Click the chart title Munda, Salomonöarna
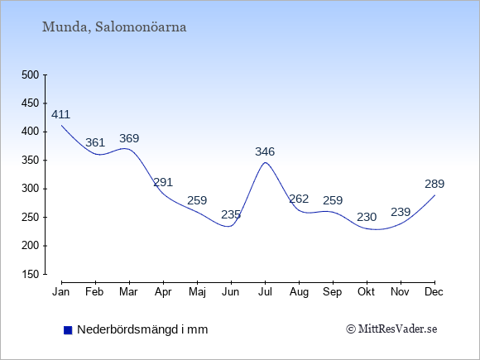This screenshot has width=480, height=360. pyautogui.click(x=114, y=27)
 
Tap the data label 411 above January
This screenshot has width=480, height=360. pyautogui.click(x=60, y=114)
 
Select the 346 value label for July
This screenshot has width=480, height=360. pyautogui.click(x=265, y=151)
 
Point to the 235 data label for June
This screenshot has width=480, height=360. pyautogui.click(x=231, y=214)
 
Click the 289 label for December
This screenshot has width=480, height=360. pyautogui.click(x=434, y=184)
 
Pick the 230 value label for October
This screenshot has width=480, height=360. pyautogui.click(x=367, y=217)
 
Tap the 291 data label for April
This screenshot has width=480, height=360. pyautogui.click(x=163, y=182)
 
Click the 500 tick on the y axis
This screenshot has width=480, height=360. pyautogui.click(x=31, y=75)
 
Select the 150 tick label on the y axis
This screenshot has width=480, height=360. pyautogui.click(x=31, y=274)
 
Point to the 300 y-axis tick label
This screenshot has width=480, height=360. pyautogui.click(x=31, y=189)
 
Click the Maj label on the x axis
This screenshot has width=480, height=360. pyautogui.click(x=197, y=292)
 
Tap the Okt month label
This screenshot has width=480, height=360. pyautogui.click(x=366, y=292)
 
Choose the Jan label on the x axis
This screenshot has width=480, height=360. pyautogui.click(x=61, y=292)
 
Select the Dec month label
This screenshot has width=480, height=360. pyautogui.click(x=434, y=292)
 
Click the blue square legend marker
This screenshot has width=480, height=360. pyautogui.click(x=68, y=330)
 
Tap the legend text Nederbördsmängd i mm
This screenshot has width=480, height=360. pyautogui.click(x=142, y=329)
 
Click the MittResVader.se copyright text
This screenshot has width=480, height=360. pyautogui.click(x=391, y=329)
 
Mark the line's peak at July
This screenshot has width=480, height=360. pyautogui.click(x=265, y=162)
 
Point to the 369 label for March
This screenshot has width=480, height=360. pyautogui.click(x=129, y=138)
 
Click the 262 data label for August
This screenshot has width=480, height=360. pyautogui.click(x=299, y=199)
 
